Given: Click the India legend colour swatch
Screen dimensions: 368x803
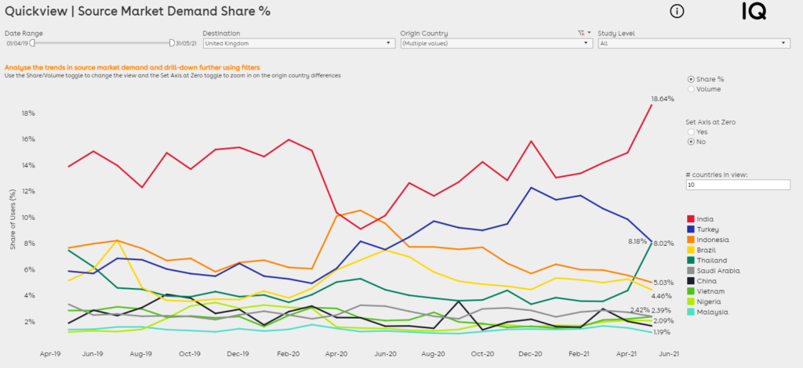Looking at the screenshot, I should pos(691,219).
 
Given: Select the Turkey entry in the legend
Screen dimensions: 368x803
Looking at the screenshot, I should pos(707,229).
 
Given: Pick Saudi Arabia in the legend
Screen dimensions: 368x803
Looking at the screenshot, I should pos(717,271).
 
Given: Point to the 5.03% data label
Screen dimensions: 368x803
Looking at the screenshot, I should pos(663,283).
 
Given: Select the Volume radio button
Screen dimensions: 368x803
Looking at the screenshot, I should pos(690,89).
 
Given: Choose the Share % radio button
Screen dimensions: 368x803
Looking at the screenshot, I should pos(690,79).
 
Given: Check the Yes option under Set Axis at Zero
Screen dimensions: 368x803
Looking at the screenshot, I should pos(690,132).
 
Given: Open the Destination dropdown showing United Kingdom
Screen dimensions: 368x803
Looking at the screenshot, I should pos(298,44).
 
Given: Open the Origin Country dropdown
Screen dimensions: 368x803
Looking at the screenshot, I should pos(496,44).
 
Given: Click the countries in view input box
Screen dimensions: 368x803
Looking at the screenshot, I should pos(737,185).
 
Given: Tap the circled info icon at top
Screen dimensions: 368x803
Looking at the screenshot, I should pos(678,11).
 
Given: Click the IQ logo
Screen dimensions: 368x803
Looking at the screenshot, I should pos(754,11).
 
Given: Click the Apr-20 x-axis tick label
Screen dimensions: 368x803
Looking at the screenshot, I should pos(336,354).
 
